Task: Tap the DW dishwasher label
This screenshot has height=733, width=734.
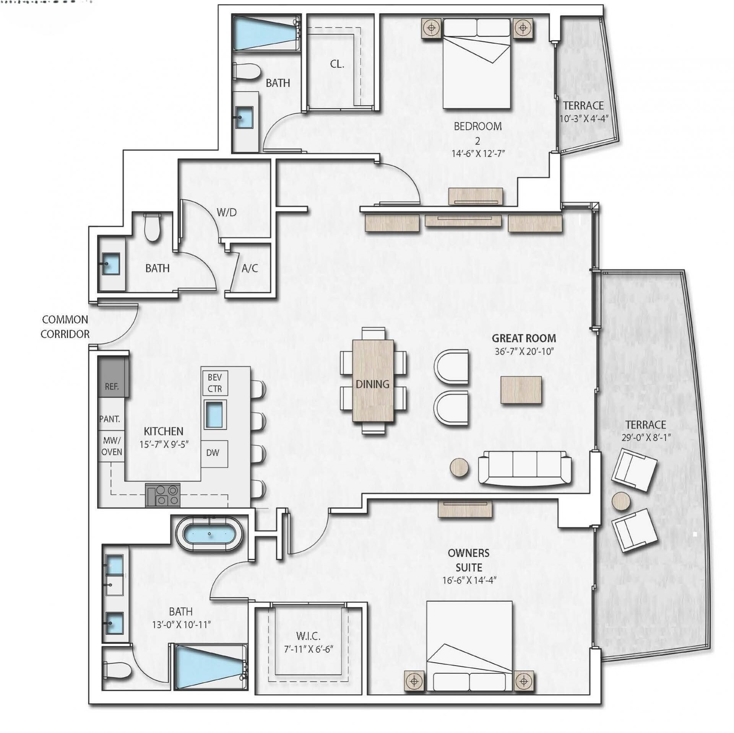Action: point(213,453)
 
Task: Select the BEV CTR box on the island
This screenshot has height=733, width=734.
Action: point(214,383)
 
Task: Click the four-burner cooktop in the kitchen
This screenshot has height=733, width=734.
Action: point(163,495)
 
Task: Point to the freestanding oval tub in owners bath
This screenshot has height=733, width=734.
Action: point(209,534)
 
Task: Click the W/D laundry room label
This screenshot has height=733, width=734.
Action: point(226,212)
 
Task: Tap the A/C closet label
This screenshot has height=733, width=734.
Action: point(250,268)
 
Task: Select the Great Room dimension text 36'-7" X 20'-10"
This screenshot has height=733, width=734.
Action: point(524,351)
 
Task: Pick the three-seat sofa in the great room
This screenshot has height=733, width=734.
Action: point(525,467)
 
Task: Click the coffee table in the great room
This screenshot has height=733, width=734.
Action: point(521,390)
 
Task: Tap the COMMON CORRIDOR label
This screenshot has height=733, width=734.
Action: point(65,327)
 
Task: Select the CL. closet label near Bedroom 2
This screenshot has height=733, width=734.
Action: point(337,64)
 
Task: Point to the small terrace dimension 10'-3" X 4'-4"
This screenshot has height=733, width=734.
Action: point(583,118)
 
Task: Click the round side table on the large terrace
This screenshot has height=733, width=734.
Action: point(621,501)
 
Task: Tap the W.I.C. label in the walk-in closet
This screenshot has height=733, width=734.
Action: point(308,636)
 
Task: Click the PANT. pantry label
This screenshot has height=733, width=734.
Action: point(110,419)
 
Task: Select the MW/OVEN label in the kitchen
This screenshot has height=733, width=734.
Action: point(112,446)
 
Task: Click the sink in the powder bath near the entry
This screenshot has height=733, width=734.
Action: point(111,264)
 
